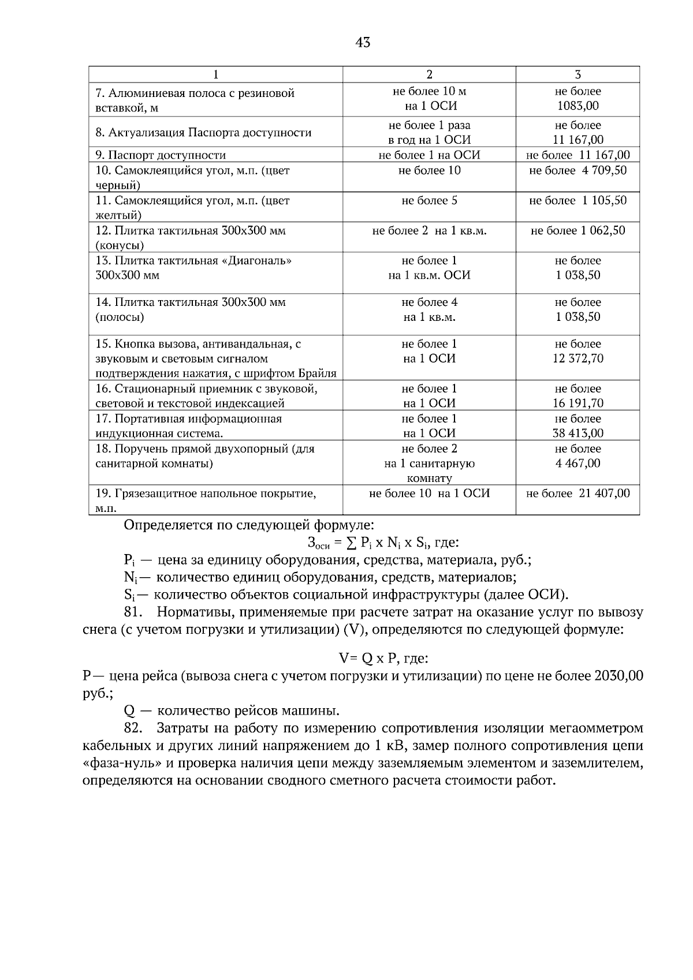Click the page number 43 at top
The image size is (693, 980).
[363, 43]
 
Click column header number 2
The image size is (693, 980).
[429, 74]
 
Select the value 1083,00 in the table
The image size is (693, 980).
[577, 106]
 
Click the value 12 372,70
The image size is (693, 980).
[577, 359]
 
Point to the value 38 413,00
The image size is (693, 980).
[577, 433]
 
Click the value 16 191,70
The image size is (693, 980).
[577, 403]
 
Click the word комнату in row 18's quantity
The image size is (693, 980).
[429, 478]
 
